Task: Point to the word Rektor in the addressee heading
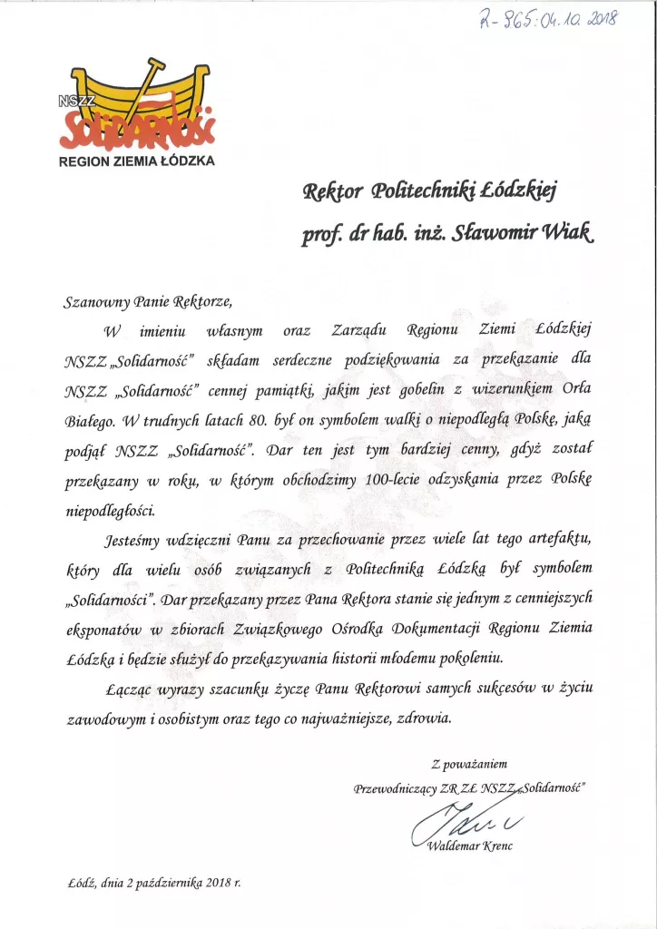pyautogui.click(x=332, y=191)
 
